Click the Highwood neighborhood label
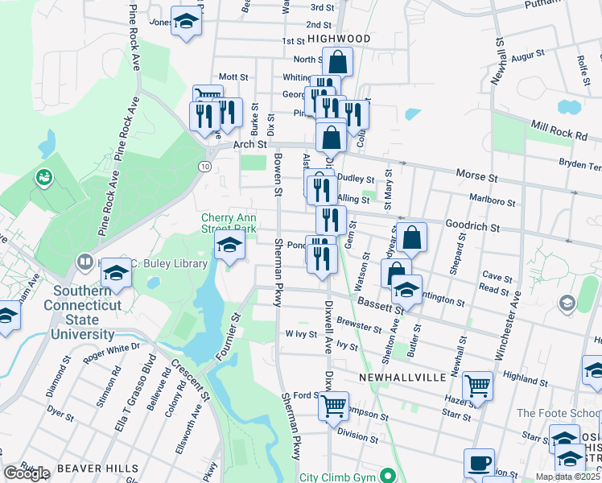pyautogui.click(x=338, y=39)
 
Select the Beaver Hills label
pyautogui.click(x=105, y=468)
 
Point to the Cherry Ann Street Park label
pyautogui.click(x=229, y=223)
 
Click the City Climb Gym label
pyautogui.click(x=336, y=477)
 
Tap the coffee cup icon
pyautogui.click(x=479, y=463)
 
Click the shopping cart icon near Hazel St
pyautogui.click(x=478, y=386)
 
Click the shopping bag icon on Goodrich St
pyautogui.click(x=411, y=237)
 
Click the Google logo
pyautogui.click(x=27, y=473)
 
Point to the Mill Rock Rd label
pyautogui.click(x=559, y=131)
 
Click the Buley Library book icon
pyautogui.click(x=85, y=262)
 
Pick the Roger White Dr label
pyautogui.click(x=110, y=348)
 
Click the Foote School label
pyautogui.click(x=559, y=413)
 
